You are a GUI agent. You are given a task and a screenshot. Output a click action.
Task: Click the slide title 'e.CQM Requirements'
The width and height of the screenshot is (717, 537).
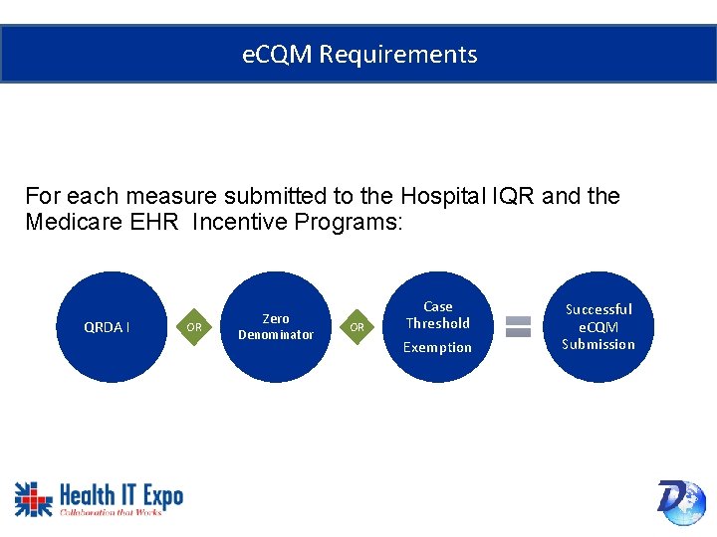pyautogui.click(x=359, y=55)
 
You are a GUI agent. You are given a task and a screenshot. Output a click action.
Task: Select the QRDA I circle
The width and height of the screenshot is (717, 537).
pyautogui.click(x=108, y=327)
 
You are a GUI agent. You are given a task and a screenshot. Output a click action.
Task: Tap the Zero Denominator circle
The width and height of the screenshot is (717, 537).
pyautogui.click(x=276, y=327)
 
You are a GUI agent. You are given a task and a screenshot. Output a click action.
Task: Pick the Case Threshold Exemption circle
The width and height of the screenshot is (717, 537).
pyautogui.click(x=437, y=327)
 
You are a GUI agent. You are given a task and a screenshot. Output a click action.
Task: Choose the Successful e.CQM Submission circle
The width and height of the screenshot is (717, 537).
pyautogui.click(x=598, y=327)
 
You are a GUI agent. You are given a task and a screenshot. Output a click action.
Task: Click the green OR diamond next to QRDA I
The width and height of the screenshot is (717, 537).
pyautogui.click(x=194, y=327)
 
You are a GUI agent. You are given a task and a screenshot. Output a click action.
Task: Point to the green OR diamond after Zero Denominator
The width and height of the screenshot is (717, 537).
pyautogui.click(x=358, y=327)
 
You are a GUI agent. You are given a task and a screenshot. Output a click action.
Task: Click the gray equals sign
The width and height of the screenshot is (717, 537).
pyautogui.click(x=518, y=327)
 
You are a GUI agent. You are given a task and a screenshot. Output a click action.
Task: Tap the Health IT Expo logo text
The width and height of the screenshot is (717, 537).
pyautogui.click(x=120, y=495)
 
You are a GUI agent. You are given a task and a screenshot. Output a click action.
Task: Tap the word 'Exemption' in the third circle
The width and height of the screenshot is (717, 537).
pyautogui.click(x=437, y=347)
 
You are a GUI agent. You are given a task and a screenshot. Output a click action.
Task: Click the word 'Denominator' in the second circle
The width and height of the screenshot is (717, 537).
pyautogui.click(x=276, y=335)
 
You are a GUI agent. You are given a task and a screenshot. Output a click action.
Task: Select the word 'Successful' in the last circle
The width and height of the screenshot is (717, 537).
pyautogui.click(x=598, y=309)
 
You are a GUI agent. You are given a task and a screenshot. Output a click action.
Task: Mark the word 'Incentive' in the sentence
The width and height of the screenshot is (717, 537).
pyautogui.click(x=238, y=222)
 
